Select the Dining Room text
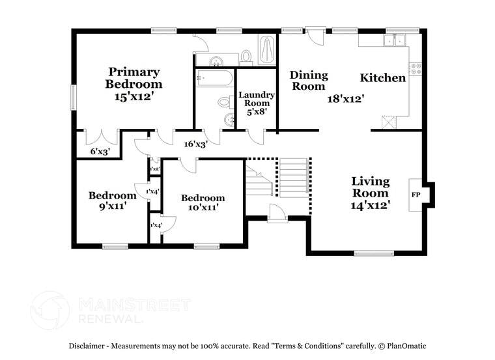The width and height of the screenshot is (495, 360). tap(308, 80)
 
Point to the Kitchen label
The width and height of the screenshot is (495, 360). tap(383, 78)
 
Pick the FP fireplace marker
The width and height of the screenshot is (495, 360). tap(416, 195)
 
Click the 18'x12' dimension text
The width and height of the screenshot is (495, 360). tap(345, 99)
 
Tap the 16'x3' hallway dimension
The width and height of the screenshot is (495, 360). tap(195, 145)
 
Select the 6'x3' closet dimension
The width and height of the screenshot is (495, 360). tap(99, 152)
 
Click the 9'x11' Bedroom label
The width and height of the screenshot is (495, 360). tap(107, 200)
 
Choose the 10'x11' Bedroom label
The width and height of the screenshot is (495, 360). tap(203, 202)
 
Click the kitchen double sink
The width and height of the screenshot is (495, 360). tap(394, 40)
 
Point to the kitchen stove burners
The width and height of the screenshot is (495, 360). tap(415, 68)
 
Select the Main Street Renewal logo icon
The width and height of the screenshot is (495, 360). tap(50, 310)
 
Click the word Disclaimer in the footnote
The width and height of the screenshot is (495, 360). tap(89, 346)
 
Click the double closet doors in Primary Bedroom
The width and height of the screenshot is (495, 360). tap(102, 138)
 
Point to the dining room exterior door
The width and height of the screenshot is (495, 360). tap(316, 35)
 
